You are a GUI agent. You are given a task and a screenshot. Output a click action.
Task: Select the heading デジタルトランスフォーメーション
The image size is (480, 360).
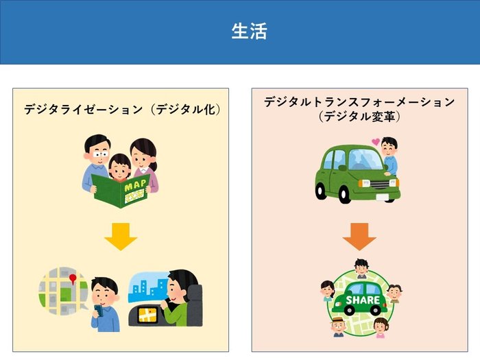[359, 101]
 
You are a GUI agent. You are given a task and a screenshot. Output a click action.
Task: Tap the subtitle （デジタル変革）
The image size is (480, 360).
[359, 117]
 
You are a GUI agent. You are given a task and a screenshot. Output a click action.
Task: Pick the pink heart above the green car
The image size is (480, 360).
[376, 141]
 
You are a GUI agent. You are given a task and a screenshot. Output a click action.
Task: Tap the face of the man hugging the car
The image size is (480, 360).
[389, 147]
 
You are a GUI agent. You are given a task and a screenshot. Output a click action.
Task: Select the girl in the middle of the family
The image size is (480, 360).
[119, 166]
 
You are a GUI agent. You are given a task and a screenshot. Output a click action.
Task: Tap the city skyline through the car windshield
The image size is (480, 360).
[147, 289]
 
